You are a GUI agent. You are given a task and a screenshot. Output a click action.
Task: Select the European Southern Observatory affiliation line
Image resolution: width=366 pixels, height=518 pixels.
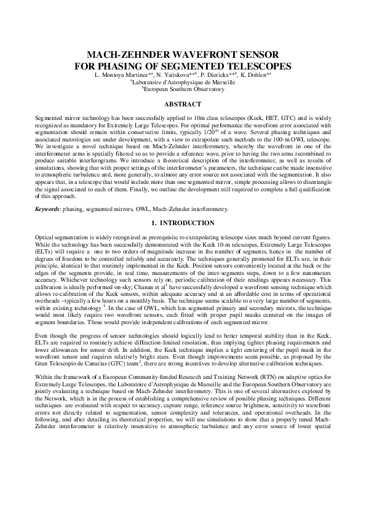coord(183,89)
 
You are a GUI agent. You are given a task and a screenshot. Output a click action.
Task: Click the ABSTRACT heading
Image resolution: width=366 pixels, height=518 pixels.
coord(183,104)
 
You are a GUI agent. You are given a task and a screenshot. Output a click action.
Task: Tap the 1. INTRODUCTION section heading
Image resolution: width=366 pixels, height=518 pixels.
coord(183,223)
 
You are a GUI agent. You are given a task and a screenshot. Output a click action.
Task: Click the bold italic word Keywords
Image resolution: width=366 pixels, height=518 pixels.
coord(48,210)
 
